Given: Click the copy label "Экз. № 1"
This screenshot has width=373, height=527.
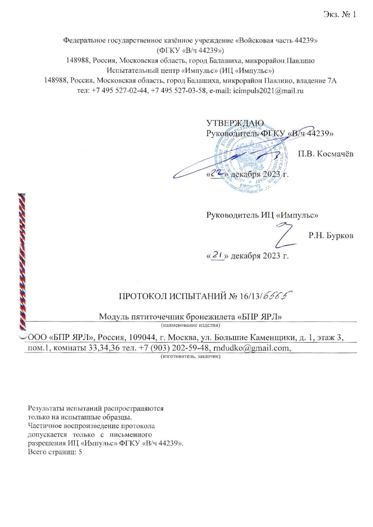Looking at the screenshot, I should [340, 14].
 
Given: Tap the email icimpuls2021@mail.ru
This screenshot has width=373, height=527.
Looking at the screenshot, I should [268, 91].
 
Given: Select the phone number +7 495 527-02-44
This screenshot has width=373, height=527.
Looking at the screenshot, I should [120, 91].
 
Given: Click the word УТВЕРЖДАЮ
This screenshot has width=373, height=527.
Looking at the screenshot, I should [235, 123].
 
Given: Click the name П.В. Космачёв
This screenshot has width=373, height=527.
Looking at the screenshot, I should [326, 154].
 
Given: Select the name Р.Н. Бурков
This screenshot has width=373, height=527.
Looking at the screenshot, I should [331, 235].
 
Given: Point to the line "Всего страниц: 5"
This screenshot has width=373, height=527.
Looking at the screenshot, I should [55, 452].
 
